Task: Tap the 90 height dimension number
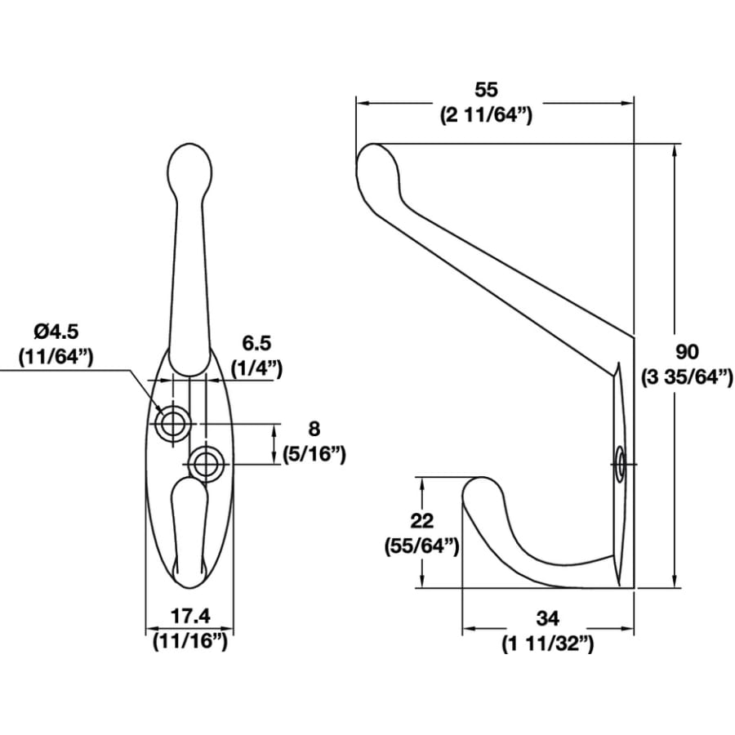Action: (688, 352)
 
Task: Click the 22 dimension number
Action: (423, 520)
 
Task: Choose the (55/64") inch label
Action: (422, 546)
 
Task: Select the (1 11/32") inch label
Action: (547, 644)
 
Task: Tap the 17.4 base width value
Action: (189, 617)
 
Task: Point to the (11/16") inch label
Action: (189, 642)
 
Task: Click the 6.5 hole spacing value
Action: (256, 343)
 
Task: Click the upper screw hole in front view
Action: (173, 423)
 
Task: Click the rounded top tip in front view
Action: (189, 167)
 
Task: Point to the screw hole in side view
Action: (621, 465)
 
